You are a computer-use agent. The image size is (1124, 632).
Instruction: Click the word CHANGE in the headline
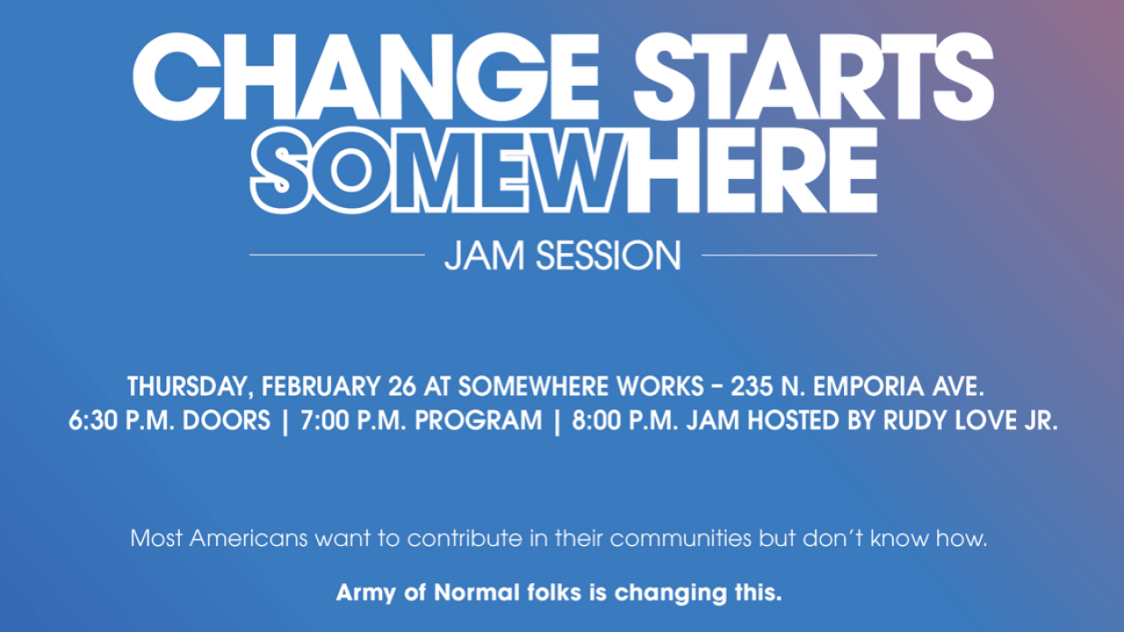[x=366, y=76]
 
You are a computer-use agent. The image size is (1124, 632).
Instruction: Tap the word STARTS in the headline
[x=814, y=76]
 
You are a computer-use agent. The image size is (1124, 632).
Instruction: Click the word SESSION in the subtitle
[x=609, y=255]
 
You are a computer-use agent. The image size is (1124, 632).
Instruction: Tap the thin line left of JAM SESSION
[x=337, y=255]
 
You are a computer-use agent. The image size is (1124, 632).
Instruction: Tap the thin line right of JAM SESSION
[x=789, y=255]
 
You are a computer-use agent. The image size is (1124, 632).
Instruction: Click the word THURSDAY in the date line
[x=187, y=387]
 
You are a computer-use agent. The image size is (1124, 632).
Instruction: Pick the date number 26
[x=402, y=386]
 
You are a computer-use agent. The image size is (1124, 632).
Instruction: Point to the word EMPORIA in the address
[x=868, y=386]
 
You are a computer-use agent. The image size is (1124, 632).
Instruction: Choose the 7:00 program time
[x=325, y=420]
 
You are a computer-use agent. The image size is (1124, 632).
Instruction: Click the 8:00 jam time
[x=596, y=420]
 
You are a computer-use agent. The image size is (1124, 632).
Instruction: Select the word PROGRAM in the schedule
[x=479, y=420]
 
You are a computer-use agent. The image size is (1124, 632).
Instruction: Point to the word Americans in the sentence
[x=249, y=538]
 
